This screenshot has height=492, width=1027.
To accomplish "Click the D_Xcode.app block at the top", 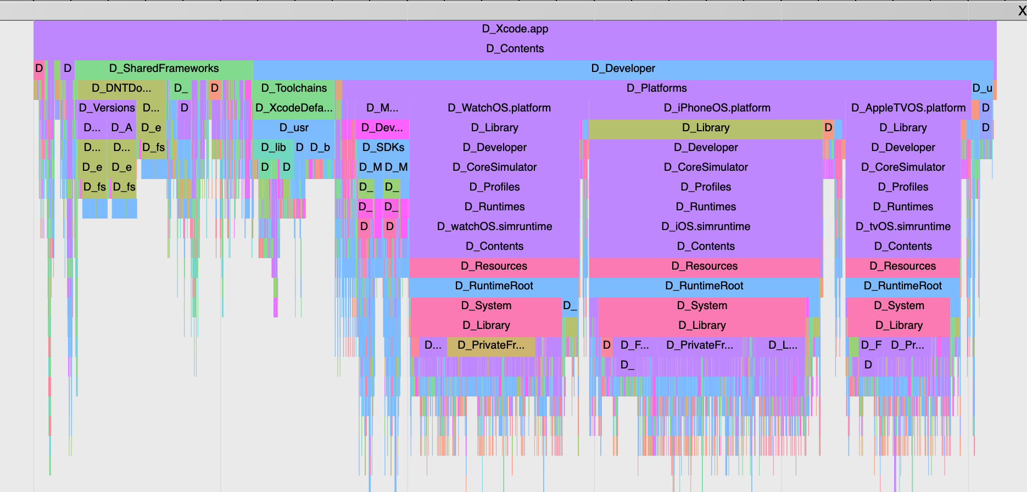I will (515, 29).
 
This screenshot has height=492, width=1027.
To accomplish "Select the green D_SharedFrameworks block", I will (164, 69).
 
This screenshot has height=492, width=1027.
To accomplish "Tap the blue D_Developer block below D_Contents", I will (623, 69).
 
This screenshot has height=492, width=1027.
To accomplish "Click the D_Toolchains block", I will (294, 88).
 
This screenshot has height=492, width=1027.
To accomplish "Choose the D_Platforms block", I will (656, 88).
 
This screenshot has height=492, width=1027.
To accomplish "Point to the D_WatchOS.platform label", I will (499, 108).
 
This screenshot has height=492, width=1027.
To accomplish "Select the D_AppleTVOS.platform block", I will (908, 108).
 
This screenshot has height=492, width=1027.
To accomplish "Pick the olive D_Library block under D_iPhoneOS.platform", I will (705, 128).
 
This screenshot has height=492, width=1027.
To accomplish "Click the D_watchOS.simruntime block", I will (494, 227).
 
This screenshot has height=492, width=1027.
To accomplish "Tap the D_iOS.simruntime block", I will (705, 227).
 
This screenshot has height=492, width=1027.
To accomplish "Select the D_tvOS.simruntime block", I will (903, 227).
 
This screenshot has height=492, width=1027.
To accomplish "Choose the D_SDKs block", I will (383, 148).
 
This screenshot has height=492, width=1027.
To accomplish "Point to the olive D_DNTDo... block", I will (121, 88).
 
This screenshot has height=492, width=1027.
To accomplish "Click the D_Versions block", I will (107, 108).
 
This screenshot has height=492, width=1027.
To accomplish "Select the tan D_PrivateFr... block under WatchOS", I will (490, 345).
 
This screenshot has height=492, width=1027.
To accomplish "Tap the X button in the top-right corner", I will (1022, 11).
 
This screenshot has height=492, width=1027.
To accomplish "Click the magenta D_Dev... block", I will (382, 128).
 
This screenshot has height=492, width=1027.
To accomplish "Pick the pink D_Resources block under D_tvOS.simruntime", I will (902, 266).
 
